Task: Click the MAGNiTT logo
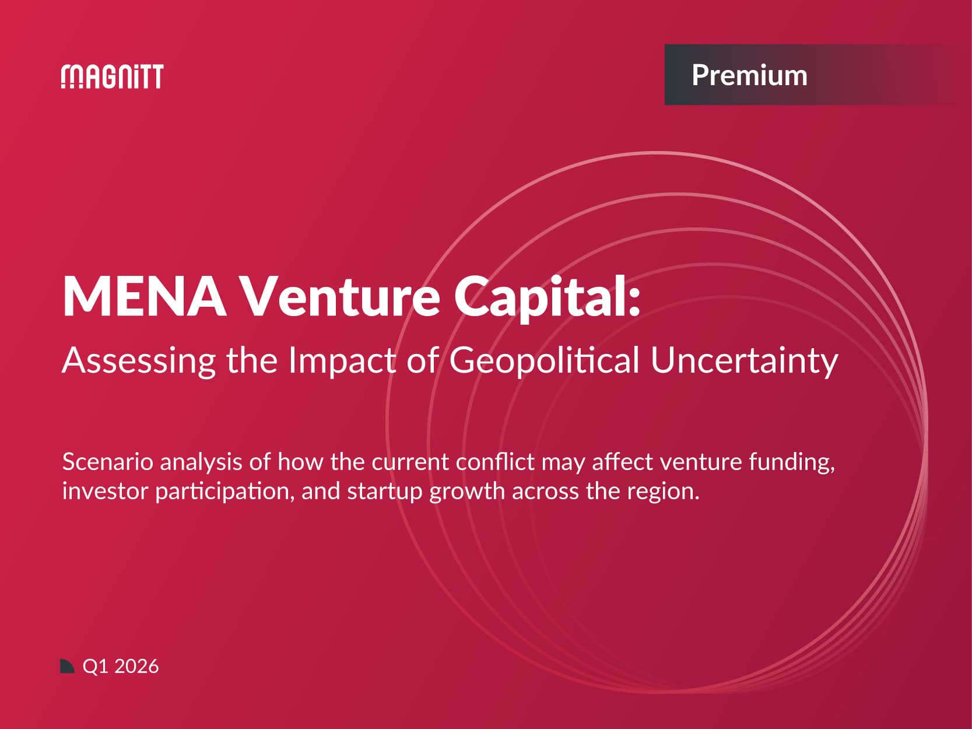(112, 76)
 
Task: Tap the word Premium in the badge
(749, 75)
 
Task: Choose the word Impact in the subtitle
(342, 360)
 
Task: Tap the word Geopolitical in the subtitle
(544, 360)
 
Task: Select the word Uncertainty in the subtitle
(744, 360)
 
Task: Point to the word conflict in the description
(494, 462)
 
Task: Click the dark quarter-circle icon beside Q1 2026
(67, 666)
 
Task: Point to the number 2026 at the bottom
(137, 666)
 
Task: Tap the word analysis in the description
(201, 462)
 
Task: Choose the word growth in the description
(467, 491)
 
